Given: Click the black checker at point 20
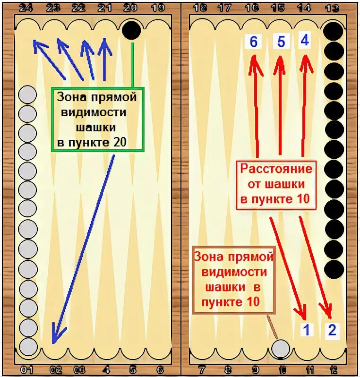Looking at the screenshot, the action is [x=131, y=30].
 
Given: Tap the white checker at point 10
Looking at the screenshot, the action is [x=281, y=349].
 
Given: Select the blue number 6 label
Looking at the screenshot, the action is [x=253, y=42].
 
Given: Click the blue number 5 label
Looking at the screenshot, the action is [x=281, y=42].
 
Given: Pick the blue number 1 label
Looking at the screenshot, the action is [x=307, y=330].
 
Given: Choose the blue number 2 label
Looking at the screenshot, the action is [x=332, y=330].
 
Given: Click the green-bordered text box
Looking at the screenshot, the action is [x=97, y=120].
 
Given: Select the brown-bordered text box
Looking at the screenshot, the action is [x=233, y=279].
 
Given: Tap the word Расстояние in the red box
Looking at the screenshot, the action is [x=276, y=169].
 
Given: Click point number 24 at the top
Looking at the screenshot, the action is [x=26, y=8].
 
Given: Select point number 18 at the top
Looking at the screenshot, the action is [x=200, y=8].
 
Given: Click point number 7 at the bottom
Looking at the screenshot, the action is [x=202, y=370].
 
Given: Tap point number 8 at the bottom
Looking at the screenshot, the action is [x=228, y=370].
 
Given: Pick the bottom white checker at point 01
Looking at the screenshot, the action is [x=27, y=347].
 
